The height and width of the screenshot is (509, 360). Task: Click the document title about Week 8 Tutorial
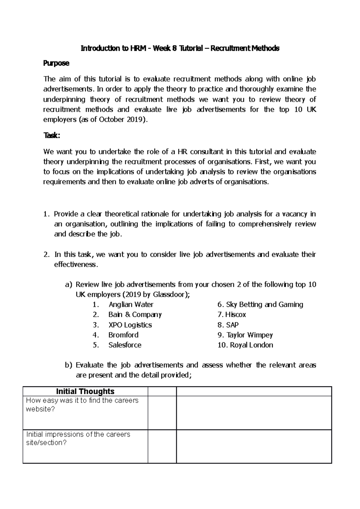click(180, 48)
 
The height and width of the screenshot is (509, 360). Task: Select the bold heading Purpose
click(56, 63)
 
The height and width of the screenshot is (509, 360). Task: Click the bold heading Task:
click(52, 135)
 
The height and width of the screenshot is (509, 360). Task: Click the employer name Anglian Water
click(131, 305)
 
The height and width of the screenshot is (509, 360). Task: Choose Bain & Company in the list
click(135, 314)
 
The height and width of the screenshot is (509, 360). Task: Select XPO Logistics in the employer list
click(130, 325)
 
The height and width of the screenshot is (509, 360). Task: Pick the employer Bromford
click(123, 335)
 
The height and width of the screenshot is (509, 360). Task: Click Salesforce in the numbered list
click(125, 345)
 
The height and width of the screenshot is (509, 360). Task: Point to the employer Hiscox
click(235, 314)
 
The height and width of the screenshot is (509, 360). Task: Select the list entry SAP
click(232, 325)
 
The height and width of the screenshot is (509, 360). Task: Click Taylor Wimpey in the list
click(250, 335)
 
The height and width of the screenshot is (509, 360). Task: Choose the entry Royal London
click(251, 345)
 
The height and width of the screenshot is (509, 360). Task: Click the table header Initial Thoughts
click(85, 391)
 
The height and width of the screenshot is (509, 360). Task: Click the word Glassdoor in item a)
click(170, 295)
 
